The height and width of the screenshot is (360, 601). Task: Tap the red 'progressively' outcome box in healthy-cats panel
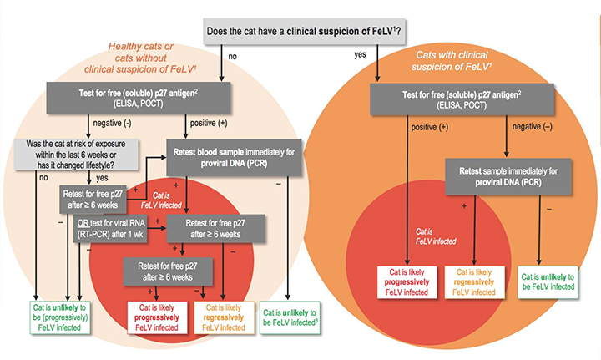pos(154,316)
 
